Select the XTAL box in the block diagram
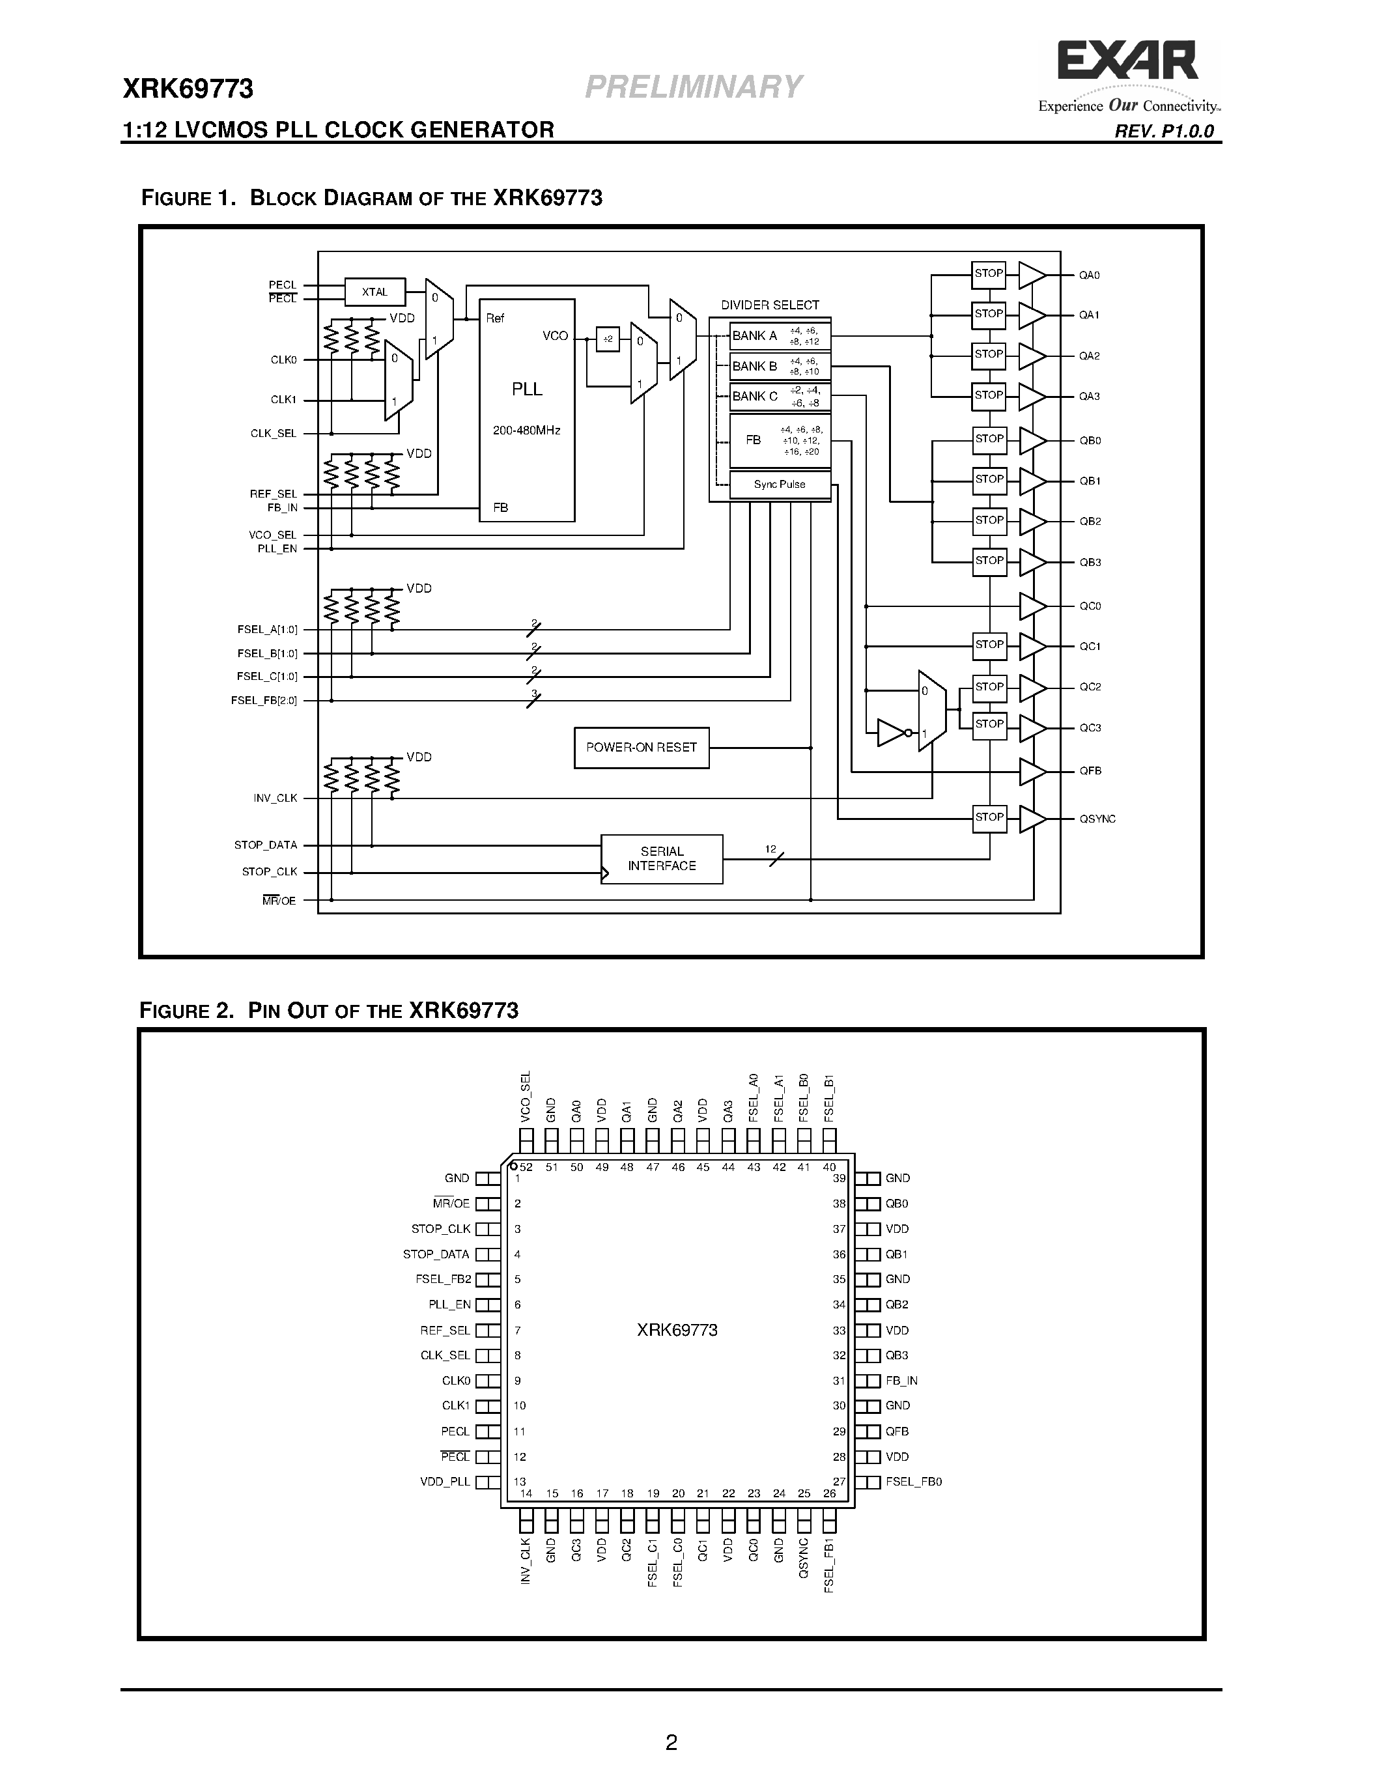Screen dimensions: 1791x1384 (374, 292)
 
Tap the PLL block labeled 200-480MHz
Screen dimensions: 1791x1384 (526, 410)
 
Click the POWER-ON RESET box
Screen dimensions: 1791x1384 (641, 747)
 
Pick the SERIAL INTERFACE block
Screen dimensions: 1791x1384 (662, 858)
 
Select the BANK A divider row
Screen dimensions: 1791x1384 (780, 335)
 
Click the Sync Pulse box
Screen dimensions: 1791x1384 (780, 484)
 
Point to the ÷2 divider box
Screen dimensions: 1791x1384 (608, 339)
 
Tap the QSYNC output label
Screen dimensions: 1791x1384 (1097, 819)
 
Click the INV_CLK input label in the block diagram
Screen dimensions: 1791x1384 (275, 798)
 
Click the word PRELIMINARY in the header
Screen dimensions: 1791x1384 (693, 87)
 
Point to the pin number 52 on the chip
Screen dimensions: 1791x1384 (526, 1167)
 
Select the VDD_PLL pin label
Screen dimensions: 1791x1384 (445, 1482)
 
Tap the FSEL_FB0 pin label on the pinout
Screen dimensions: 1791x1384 (913, 1482)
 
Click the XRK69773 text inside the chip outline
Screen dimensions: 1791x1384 (677, 1330)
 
